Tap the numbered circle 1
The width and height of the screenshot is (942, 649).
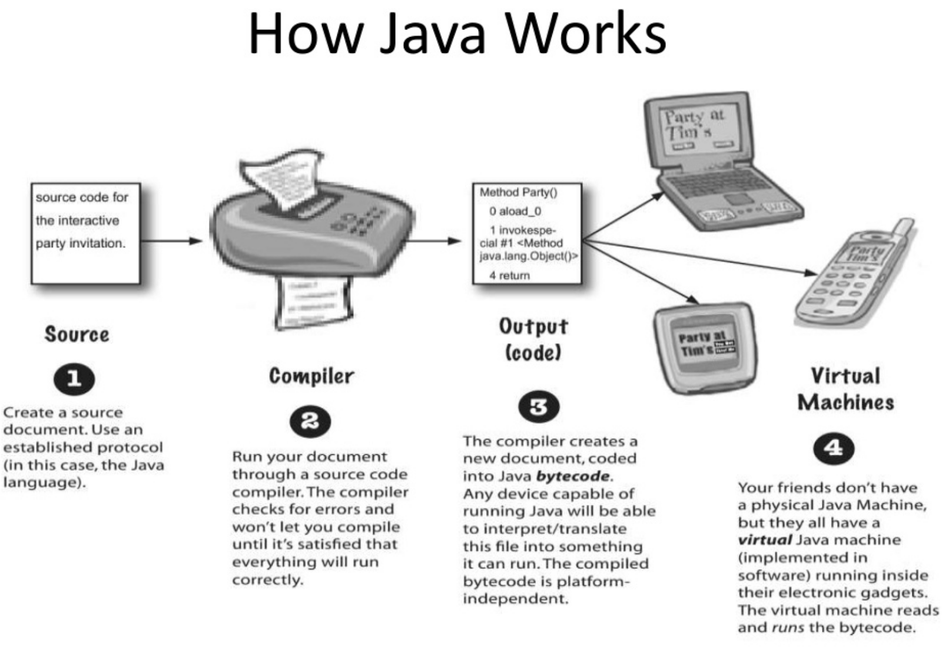coord(74,378)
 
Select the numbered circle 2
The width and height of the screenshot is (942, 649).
coord(310,421)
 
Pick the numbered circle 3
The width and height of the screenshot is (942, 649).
coord(539,407)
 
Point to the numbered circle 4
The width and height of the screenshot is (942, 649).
coord(833,448)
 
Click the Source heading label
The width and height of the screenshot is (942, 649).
coord(77,334)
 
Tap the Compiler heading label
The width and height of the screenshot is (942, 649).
coord(311,376)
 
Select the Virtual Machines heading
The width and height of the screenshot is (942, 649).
coord(845,389)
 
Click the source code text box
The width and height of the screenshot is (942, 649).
coord(85,234)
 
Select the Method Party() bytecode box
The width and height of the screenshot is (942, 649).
coord(527,234)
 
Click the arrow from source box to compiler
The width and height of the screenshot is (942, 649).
coord(172,241)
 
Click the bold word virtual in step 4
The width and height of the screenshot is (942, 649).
coord(765,540)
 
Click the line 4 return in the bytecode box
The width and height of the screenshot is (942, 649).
coord(509,275)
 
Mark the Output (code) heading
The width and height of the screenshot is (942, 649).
coord(533,340)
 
